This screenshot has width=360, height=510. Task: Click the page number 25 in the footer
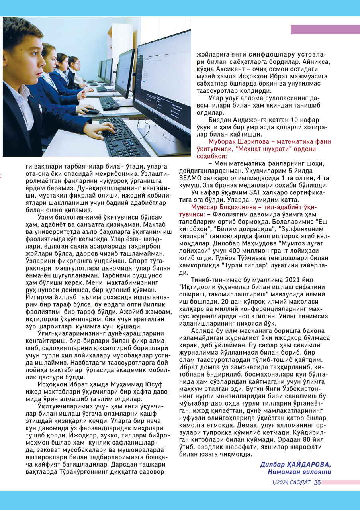[317, 482]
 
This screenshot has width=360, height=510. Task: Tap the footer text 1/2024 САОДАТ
[291, 482]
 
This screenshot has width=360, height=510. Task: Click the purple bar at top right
[325, 29]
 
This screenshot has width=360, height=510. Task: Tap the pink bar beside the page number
[340, 482]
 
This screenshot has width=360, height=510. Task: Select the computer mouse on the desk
[91, 111]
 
